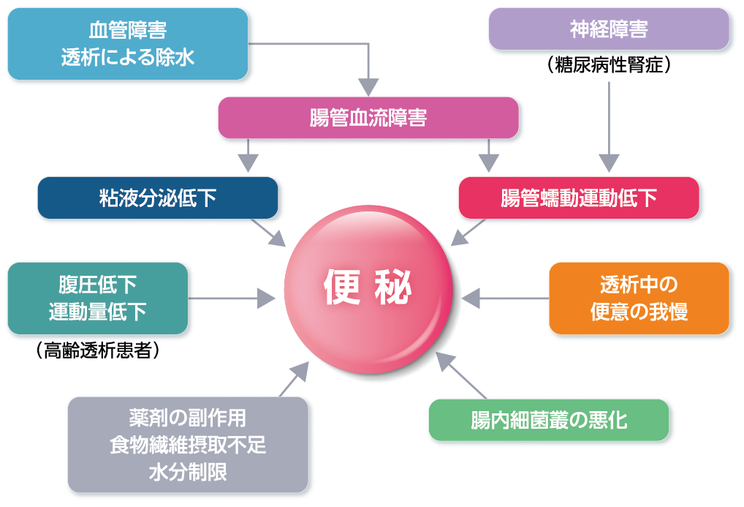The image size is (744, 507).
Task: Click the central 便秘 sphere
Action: pyautogui.click(x=368, y=289)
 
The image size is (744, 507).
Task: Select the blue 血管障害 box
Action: pyautogui.click(x=127, y=43)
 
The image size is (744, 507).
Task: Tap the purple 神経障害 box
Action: pyautogui.click(x=608, y=30)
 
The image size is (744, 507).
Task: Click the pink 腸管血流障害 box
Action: pyautogui.click(x=368, y=118)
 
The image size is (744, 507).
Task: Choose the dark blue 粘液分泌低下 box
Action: pyautogui.click(x=157, y=198)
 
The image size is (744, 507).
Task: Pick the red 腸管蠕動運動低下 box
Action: pyautogui.click(x=578, y=198)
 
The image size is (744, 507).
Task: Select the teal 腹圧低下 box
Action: pyautogui.click(x=97, y=298)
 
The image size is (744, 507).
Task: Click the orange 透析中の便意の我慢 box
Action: pyautogui.click(x=639, y=298)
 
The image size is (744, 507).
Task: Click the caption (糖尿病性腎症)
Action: pyautogui.click(x=608, y=65)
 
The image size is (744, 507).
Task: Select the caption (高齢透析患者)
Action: pyautogui.click(x=97, y=351)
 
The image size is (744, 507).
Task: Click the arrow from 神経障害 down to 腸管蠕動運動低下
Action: pyautogui.click(x=609, y=124)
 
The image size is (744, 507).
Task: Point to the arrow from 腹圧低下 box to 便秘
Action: pyautogui.click(x=230, y=298)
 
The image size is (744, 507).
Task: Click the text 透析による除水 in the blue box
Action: pyautogui.click(x=127, y=57)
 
